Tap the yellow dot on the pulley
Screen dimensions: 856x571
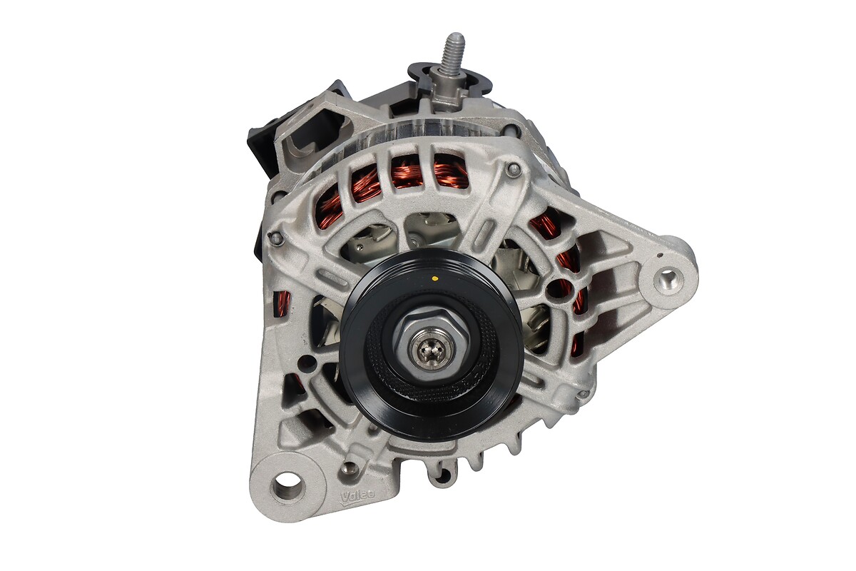434,278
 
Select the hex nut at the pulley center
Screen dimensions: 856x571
431,348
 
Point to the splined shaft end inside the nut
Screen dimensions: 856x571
429,348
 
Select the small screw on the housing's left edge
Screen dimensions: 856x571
277,238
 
